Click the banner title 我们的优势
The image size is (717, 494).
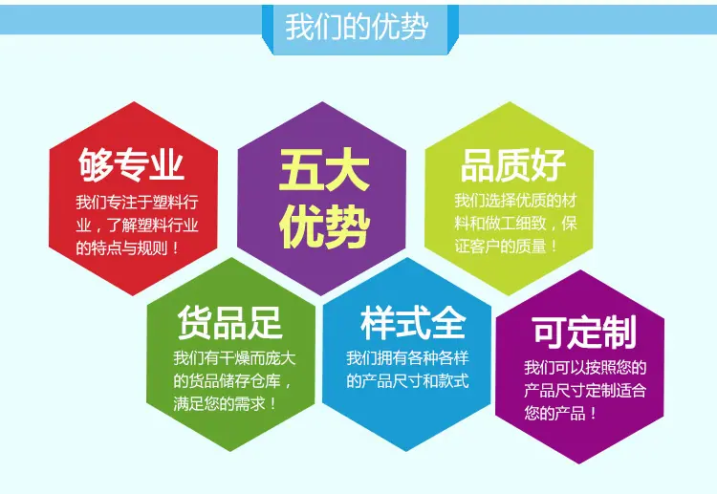[357, 27]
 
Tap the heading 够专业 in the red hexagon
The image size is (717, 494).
[131, 164]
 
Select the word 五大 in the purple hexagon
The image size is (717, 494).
[324, 169]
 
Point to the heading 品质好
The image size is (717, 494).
[513, 165]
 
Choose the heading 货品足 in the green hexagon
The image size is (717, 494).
[230, 323]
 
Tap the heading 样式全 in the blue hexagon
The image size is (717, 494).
[413, 323]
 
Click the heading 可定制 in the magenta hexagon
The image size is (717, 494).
[584, 333]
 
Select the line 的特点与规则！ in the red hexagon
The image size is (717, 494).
[127, 248]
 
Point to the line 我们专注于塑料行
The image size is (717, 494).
[137, 202]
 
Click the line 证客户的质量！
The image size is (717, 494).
[506, 247]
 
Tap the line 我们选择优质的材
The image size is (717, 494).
[516, 200]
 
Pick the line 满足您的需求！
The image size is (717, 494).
[225, 403]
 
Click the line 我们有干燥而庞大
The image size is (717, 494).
[234, 357]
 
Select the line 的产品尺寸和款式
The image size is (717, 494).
[407, 380]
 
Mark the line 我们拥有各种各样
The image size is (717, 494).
[407, 357]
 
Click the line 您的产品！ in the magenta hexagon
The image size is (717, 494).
[560, 413]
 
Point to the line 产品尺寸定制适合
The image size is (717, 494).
[585, 390]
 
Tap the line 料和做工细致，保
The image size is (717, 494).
[516, 223]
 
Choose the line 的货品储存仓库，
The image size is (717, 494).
[232, 380]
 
